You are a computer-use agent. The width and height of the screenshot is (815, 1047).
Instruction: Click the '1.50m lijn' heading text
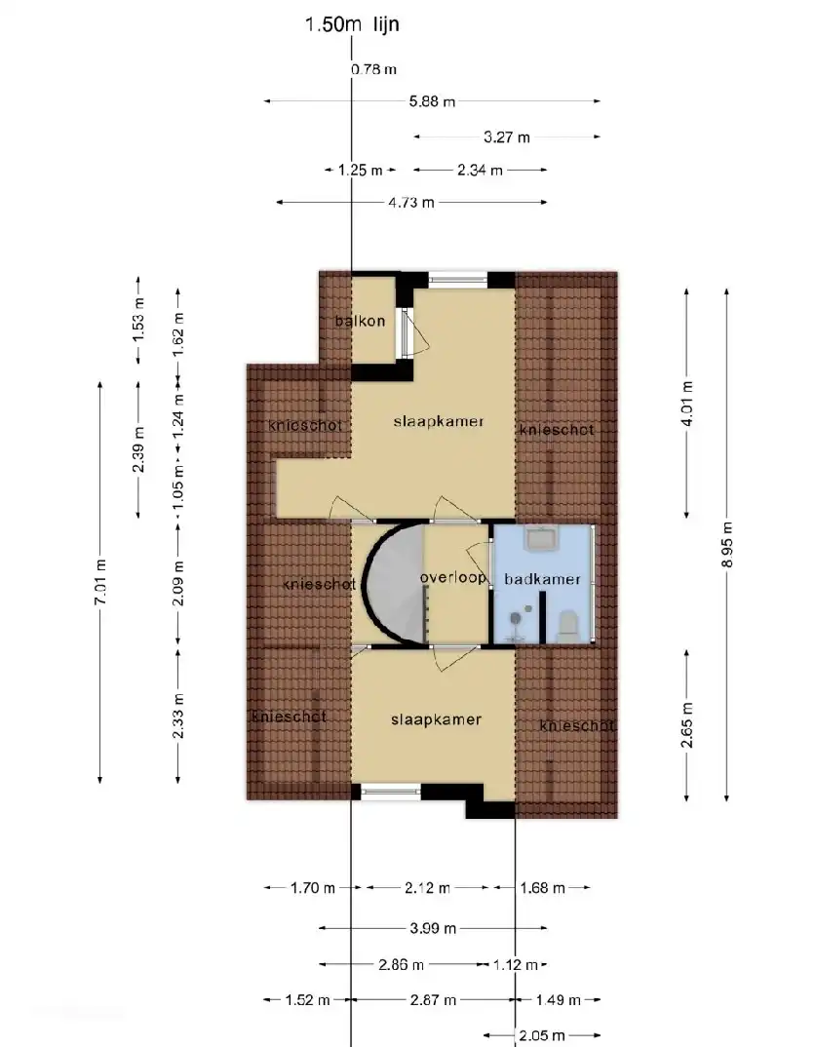point(352,24)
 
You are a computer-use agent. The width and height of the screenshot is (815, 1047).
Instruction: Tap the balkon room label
point(361,321)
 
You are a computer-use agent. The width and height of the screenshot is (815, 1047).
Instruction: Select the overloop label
point(453,577)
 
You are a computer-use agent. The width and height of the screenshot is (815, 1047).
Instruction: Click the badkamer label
point(542,580)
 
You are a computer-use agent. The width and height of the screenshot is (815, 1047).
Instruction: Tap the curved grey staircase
point(394,583)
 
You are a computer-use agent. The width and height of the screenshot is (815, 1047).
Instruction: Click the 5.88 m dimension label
point(432,101)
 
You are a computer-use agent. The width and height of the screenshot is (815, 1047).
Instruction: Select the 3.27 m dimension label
point(507,137)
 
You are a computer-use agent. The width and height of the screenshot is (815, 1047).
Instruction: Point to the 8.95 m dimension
point(727,545)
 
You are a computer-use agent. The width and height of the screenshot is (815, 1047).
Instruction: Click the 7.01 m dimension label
point(100,583)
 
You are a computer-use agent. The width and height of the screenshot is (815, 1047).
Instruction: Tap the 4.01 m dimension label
point(688,404)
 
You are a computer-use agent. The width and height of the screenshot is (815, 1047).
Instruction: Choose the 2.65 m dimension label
point(688,724)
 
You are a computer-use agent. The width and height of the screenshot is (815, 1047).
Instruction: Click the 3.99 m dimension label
point(433,928)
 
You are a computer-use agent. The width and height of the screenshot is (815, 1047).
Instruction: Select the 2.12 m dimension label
point(427,888)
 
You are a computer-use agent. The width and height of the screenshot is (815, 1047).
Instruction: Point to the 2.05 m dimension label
point(542,1035)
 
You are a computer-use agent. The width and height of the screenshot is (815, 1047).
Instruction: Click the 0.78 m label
point(373,69)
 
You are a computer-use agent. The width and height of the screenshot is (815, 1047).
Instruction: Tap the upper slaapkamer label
point(439,421)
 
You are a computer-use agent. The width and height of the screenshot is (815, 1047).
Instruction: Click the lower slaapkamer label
point(437,719)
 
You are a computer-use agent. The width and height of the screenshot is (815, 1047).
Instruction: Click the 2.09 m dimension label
point(178,583)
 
